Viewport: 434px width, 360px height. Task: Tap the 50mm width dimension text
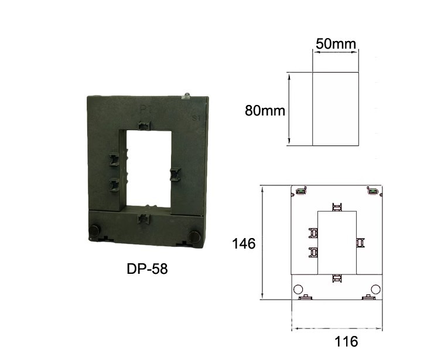[336, 44]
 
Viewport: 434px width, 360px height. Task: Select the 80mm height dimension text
[265, 110]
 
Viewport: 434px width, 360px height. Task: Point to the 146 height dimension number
[244, 243]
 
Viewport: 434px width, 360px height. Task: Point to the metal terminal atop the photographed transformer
[187, 95]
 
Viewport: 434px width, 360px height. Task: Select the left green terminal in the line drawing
[301, 191]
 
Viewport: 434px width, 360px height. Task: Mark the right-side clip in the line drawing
[360, 242]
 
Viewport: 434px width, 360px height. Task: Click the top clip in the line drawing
[336, 206]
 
